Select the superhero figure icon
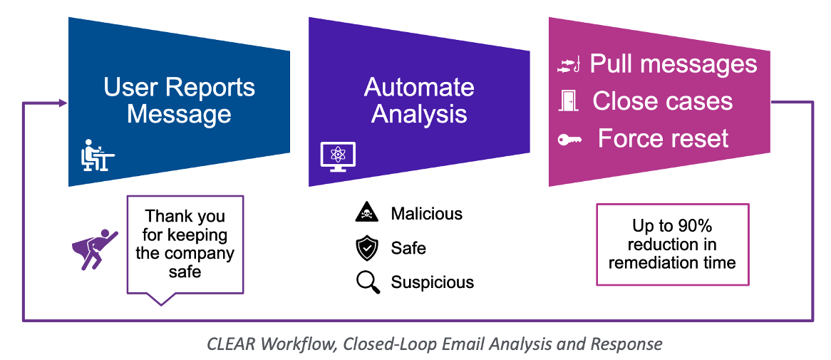tap(95, 247)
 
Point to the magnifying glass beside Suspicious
tap(368, 282)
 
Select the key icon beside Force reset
tap(569, 138)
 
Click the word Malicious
tap(426, 214)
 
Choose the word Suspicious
tap(432, 282)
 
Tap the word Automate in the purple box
tap(419, 88)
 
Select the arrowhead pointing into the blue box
tap(64, 104)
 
